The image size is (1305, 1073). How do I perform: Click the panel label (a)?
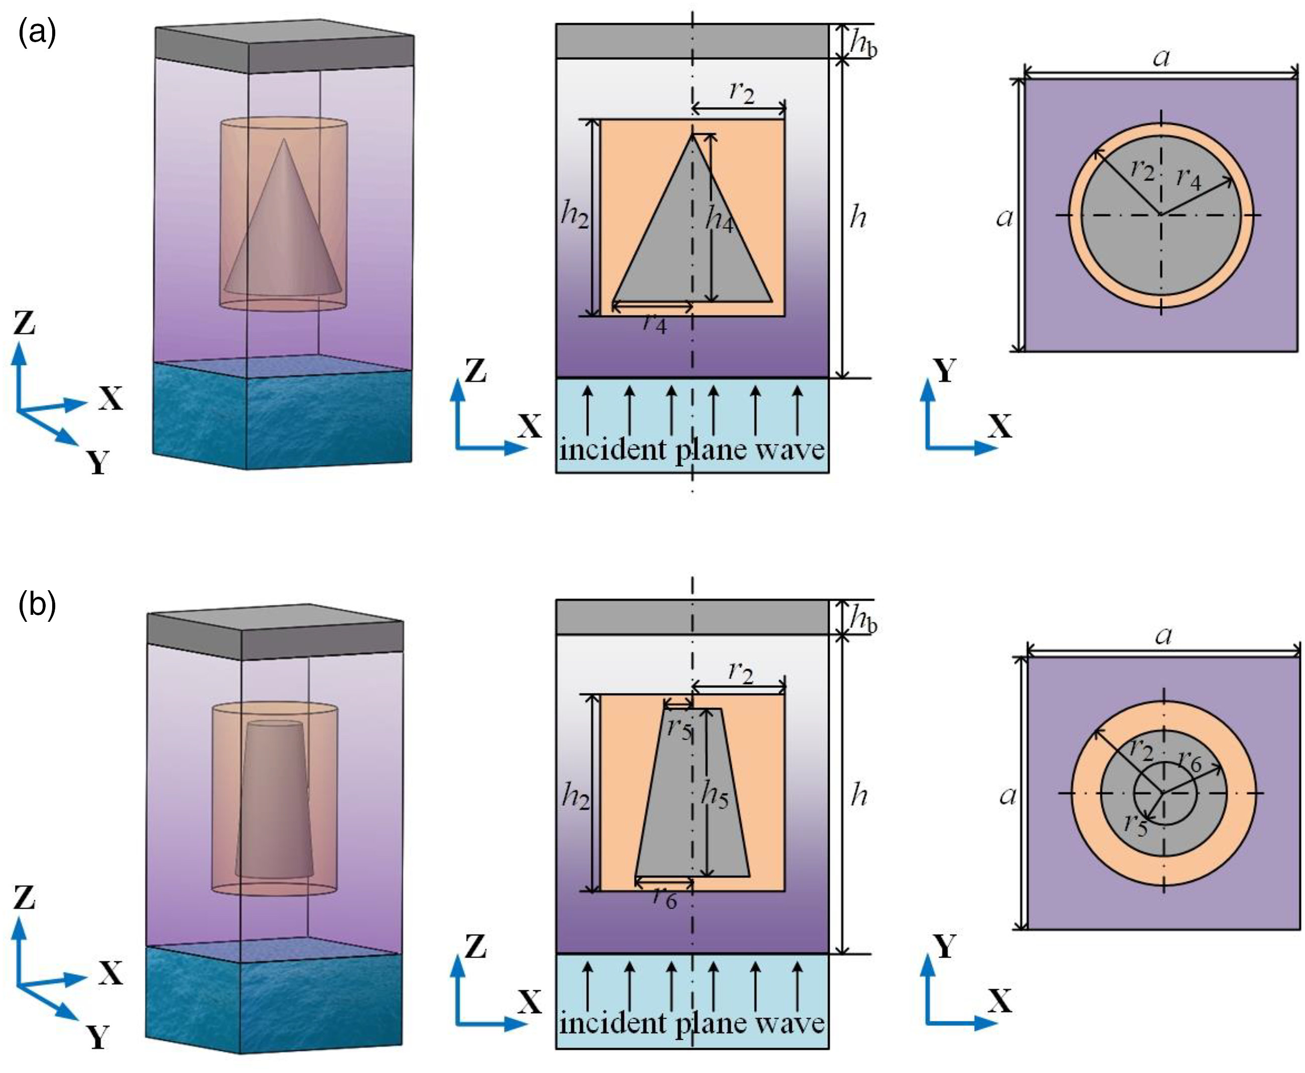38,33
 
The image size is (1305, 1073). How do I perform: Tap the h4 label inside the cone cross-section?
720,219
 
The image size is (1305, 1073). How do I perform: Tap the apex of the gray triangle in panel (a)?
692,134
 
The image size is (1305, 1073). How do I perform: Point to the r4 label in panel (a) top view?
1189,179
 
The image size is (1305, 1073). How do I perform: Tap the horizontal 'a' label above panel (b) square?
1163,635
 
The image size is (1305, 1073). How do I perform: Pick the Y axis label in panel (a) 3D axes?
98,462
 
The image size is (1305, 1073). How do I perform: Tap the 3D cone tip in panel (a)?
284,139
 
